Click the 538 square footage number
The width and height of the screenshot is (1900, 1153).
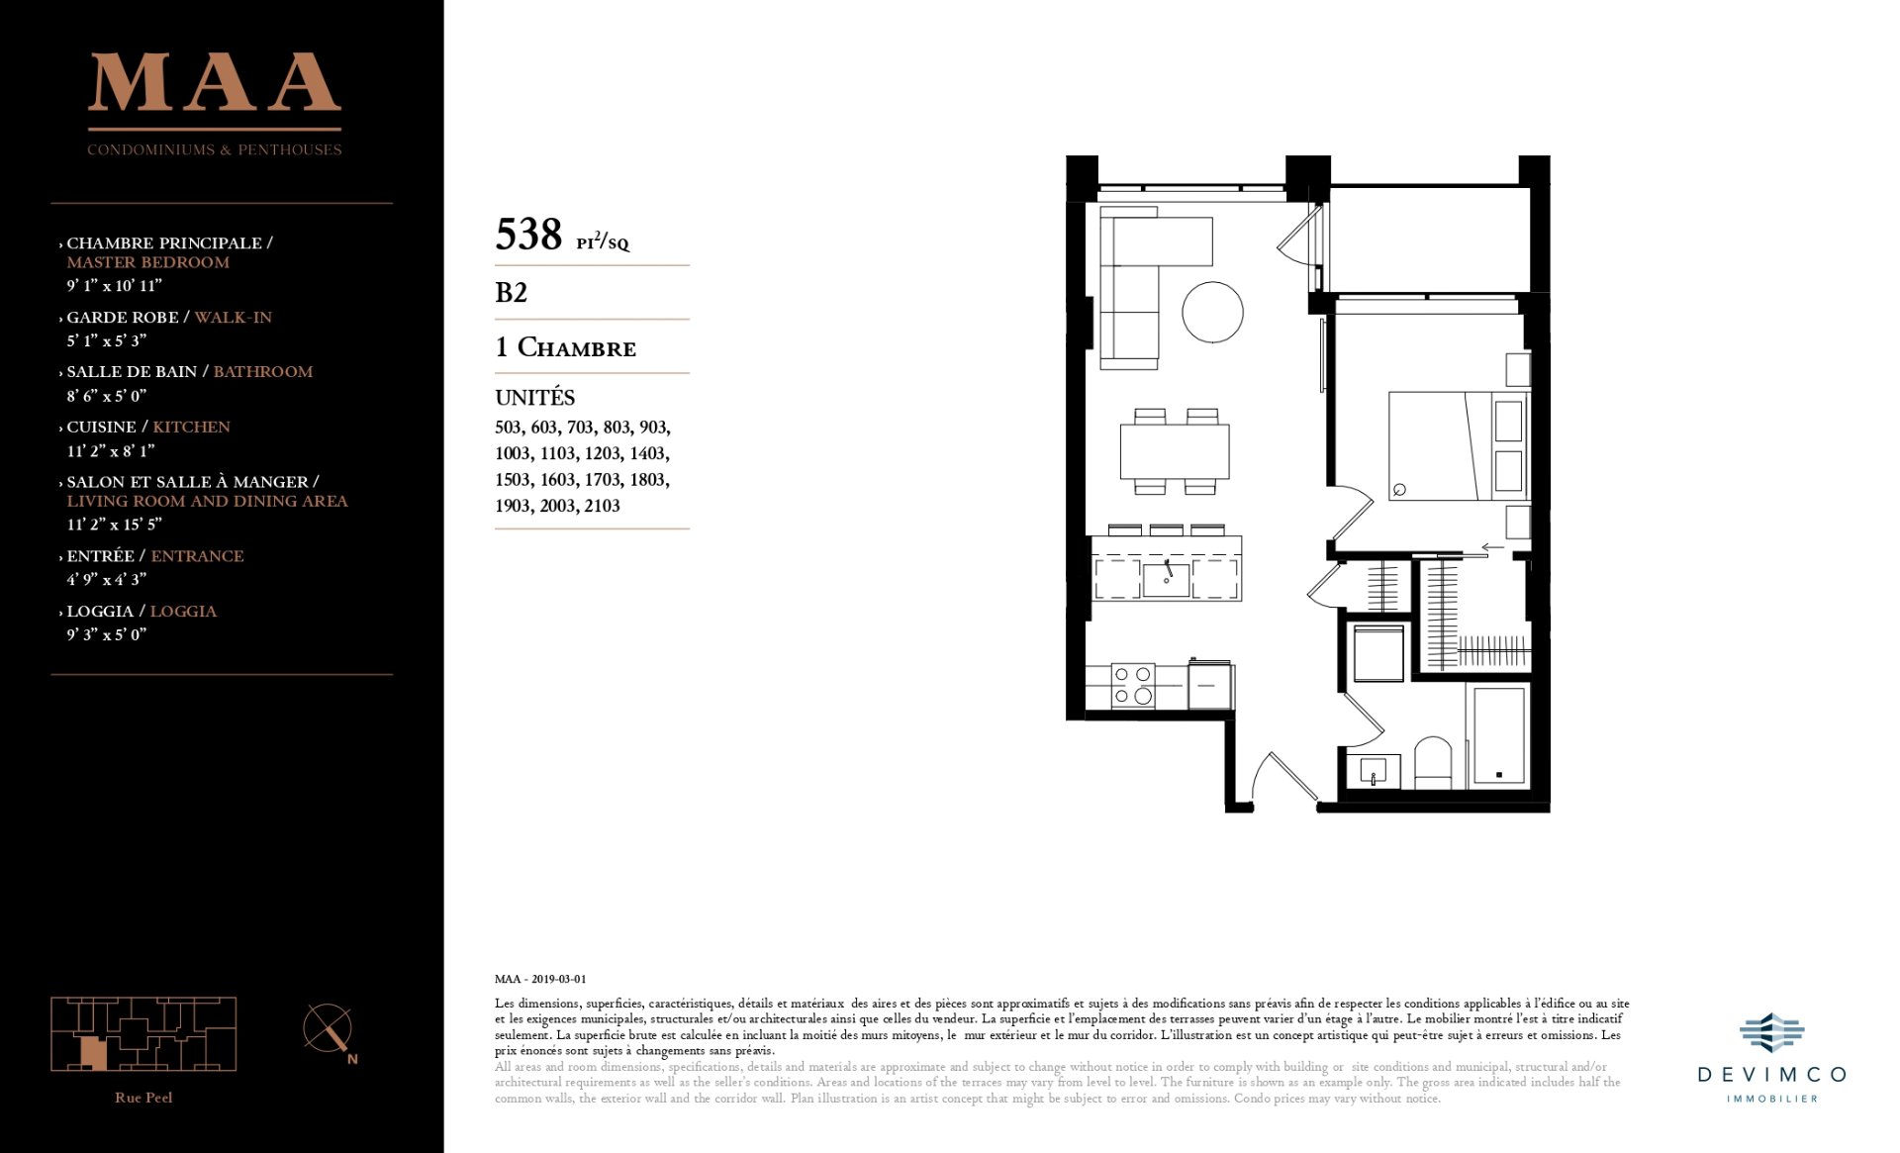pyautogui.click(x=528, y=235)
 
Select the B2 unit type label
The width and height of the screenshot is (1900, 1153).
pyautogui.click(x=512, y=293)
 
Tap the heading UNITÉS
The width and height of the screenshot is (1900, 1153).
pyautogui.click(x=534, y=398)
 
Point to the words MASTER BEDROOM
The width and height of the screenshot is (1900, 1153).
pyautogui.click(x=148, y=262)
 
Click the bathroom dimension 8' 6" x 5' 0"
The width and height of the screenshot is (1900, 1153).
pyautogui.click(x=107, y=395)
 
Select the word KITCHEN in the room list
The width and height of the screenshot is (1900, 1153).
pyautogui.click(x=191, y=427)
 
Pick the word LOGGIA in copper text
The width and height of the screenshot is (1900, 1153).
pyautogui.click(x=183, y=612)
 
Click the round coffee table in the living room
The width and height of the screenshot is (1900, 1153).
pyautogui.click(x=1212, y=312)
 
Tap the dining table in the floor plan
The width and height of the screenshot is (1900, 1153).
pyautogui.click(x=1175, y=451)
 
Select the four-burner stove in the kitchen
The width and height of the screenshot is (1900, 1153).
pyautogui.click(x=1133, y=684)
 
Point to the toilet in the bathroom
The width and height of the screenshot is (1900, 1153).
pyautogui.click(x=1433, y=761)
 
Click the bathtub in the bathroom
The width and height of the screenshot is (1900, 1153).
pyautogui.click(x=1499, y=736)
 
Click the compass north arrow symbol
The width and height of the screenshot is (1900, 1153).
pyautogui.click(x=329, y=1030)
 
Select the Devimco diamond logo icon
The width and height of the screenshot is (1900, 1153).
pyautogui.click(x=1771, y=1033)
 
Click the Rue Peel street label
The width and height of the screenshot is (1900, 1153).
pyautogui.click(x=143, y=1098)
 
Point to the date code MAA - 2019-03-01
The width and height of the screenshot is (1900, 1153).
pyautogui.click(x=540, y=979)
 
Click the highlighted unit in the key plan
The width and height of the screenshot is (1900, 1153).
pyautogui.click(x=93, y=1053)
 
